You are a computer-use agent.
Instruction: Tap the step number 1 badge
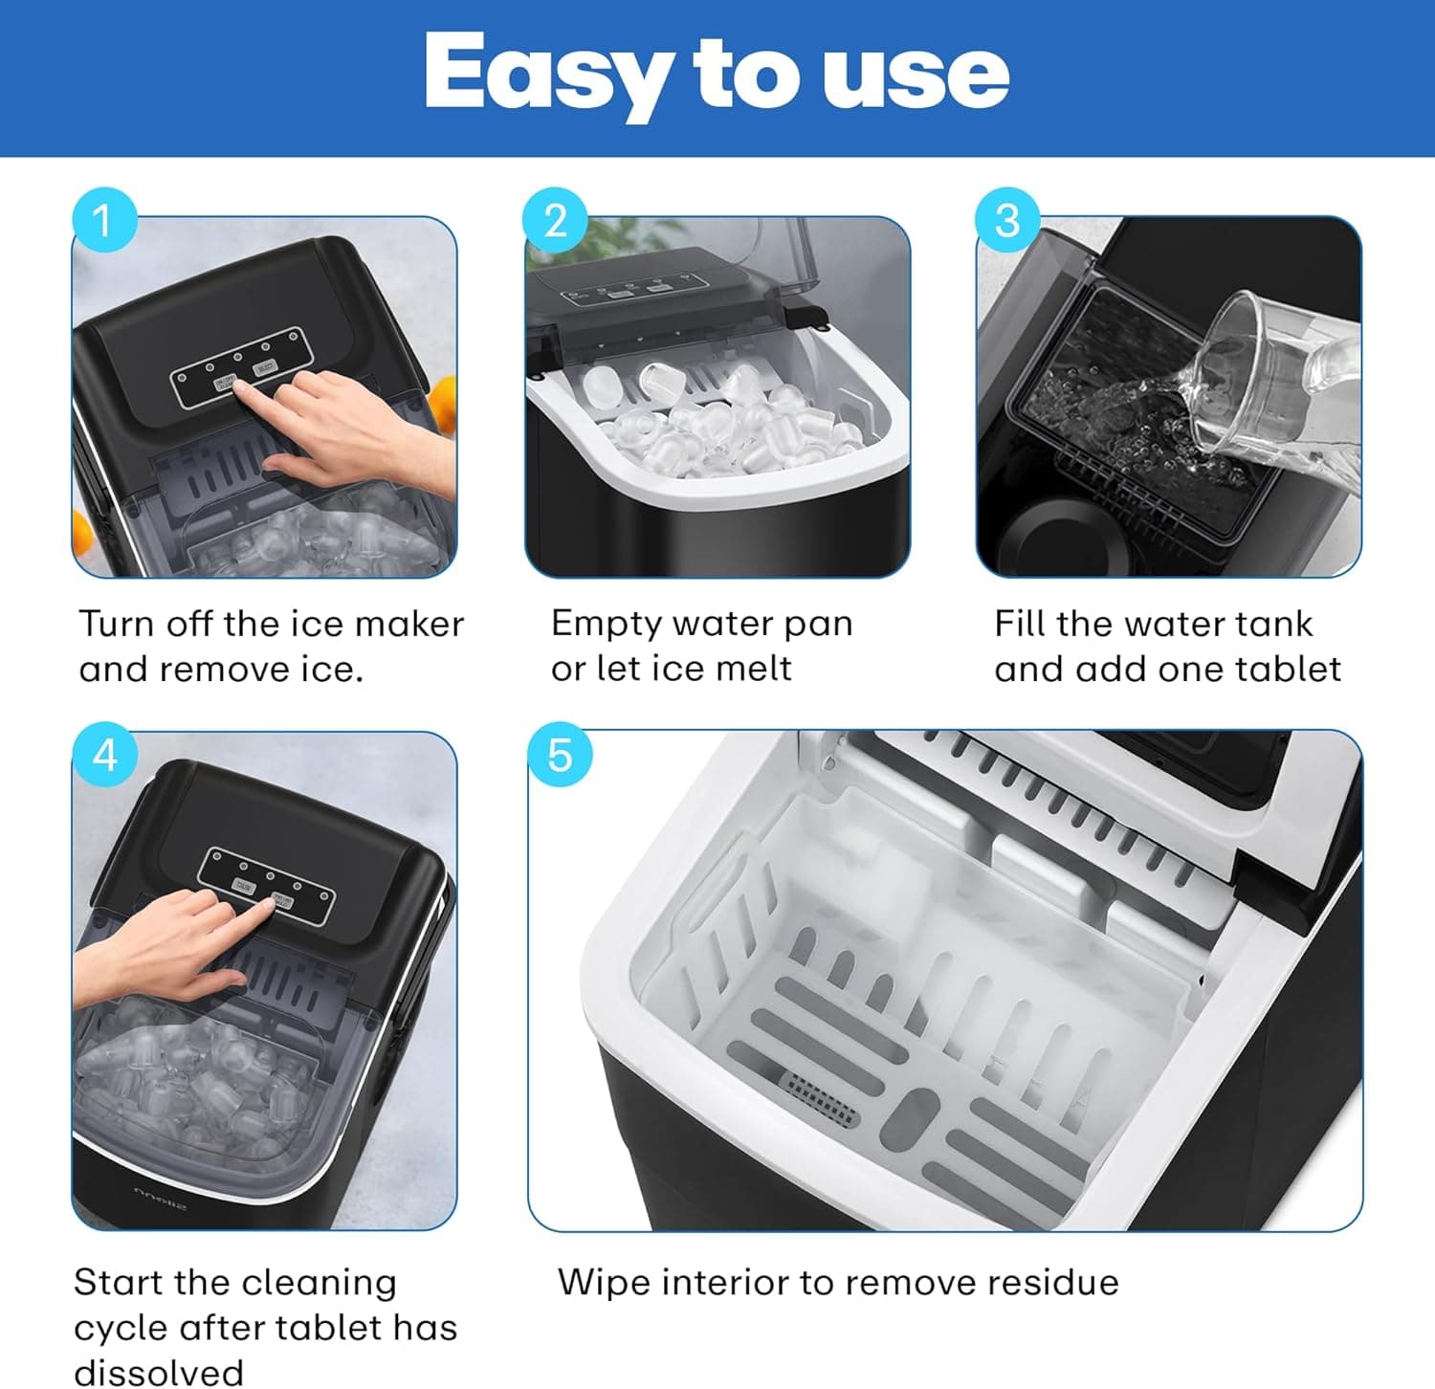(x=103, y=221)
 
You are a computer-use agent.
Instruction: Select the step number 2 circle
(x=555, y=221)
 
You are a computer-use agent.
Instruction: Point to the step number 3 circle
(x=1006, y=221)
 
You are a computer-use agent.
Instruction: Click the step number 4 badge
(x=104, y=756)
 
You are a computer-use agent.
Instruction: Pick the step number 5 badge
(x=560, y=756)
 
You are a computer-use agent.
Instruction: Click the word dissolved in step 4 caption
(x=159, y=1372)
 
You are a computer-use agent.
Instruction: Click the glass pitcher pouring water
(x=1282, y=383)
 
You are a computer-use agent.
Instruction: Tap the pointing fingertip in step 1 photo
(x=241, y=387)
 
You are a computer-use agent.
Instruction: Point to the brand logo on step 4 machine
(x=160, y=1197)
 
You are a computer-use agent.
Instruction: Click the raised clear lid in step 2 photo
(x=780, y=254)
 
